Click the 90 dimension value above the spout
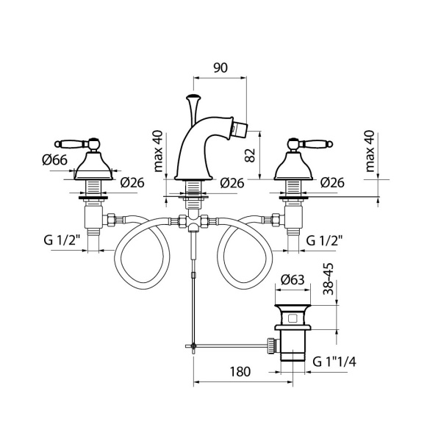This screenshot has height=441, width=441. tap(220, 68)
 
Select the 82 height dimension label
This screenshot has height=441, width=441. tap(250, 155)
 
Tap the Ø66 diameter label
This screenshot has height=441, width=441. tap(55, 159)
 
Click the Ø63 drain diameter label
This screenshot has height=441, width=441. tap(293, 279)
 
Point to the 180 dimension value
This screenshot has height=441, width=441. tap(240, 371)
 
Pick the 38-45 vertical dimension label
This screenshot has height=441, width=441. tap(329, 279)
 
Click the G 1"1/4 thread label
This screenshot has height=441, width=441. tap(334, 362)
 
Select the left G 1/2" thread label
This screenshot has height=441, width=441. tap(62, 240)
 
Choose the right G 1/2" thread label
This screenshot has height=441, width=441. tap(324, 240)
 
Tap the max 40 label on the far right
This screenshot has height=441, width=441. tap(370, 151)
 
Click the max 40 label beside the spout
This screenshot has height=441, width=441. tap(158, 151)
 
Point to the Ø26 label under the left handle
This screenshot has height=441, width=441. tap(132, 182)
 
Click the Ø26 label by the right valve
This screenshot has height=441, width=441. tap(332, 182)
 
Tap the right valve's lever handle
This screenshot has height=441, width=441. tap(309, 144)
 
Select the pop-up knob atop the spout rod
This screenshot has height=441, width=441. tap(193, 98)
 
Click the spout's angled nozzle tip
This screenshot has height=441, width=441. tap(240, 126)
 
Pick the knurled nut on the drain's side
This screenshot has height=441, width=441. tap(271, 345)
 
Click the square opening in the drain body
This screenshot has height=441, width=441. tap(293, 319)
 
